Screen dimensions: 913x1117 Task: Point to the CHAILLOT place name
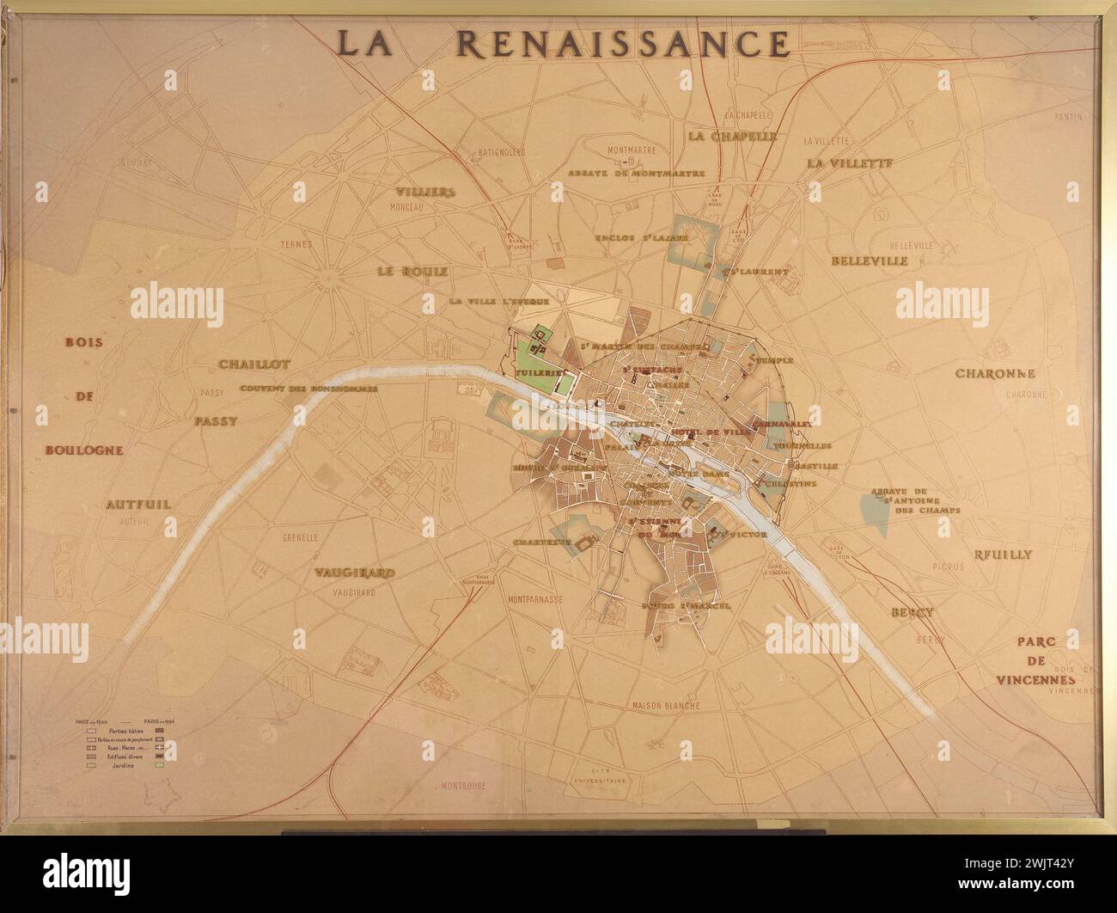tap(254, 365)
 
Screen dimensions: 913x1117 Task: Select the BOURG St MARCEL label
tap(686, 605)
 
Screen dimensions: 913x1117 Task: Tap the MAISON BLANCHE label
tap(665, 706)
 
